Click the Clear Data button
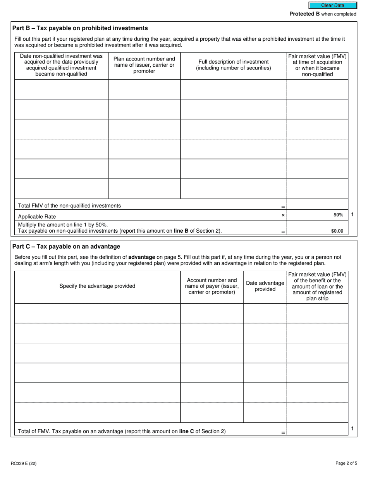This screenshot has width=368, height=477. click(332, 5)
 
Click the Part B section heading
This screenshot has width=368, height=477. click(80, 28)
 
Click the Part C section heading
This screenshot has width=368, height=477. click(66, 247)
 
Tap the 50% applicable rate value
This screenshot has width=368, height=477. click(338, 215)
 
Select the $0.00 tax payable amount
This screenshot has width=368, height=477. click(337, 231)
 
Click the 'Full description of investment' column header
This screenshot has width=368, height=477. click(233, 65)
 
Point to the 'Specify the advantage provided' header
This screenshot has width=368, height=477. click(97, 286)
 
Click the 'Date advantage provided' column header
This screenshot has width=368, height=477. click(265, 286)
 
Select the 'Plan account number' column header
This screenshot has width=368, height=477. click(144, 65)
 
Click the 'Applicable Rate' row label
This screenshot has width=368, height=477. click(37, 217)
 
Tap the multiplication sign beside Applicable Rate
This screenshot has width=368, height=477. click(283, 215)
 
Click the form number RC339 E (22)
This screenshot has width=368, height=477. click(24, 463)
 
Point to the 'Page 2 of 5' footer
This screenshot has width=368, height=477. click(346, 463)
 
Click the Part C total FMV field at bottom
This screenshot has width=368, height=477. click(317, 429)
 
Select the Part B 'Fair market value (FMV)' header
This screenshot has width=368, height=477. click(317, 65)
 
